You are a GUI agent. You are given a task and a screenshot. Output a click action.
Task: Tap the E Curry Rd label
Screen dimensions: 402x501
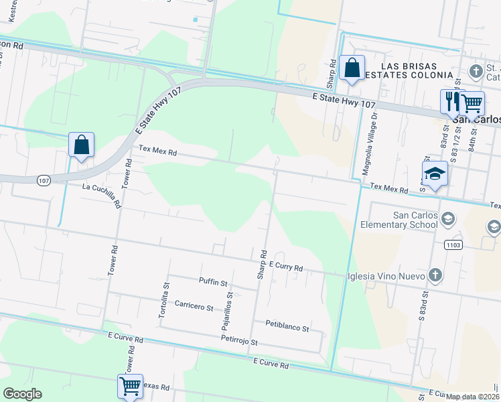288,267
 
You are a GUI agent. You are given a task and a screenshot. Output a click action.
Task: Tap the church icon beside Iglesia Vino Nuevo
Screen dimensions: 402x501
435,275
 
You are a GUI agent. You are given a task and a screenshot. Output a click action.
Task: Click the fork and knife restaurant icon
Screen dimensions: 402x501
449,101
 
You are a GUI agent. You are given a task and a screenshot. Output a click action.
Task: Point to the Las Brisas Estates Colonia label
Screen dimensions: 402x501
409,71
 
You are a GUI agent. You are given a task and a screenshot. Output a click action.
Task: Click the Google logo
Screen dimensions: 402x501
21,394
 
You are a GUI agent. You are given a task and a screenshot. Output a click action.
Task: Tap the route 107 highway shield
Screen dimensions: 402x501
43,180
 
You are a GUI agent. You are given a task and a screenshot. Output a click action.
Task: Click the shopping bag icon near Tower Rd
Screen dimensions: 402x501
81,144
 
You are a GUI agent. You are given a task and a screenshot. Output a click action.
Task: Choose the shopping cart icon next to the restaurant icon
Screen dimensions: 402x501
472,102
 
